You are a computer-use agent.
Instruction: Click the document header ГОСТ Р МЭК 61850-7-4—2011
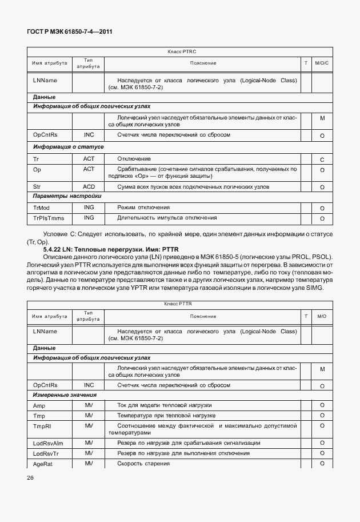(x=69, y=33)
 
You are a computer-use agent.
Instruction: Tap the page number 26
(x=30, y=476)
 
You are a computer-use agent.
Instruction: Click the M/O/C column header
(x=322, y=63)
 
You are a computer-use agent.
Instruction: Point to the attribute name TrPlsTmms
(x=49, y=218)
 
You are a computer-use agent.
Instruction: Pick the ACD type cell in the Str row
(x=89, y=187)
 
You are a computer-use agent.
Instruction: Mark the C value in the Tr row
(x=322, y=160)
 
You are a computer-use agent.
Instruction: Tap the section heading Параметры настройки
(x=67, y=197)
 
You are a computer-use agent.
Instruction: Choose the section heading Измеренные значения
(x=65, y=395)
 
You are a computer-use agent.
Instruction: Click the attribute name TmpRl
(x=42, y=426)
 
